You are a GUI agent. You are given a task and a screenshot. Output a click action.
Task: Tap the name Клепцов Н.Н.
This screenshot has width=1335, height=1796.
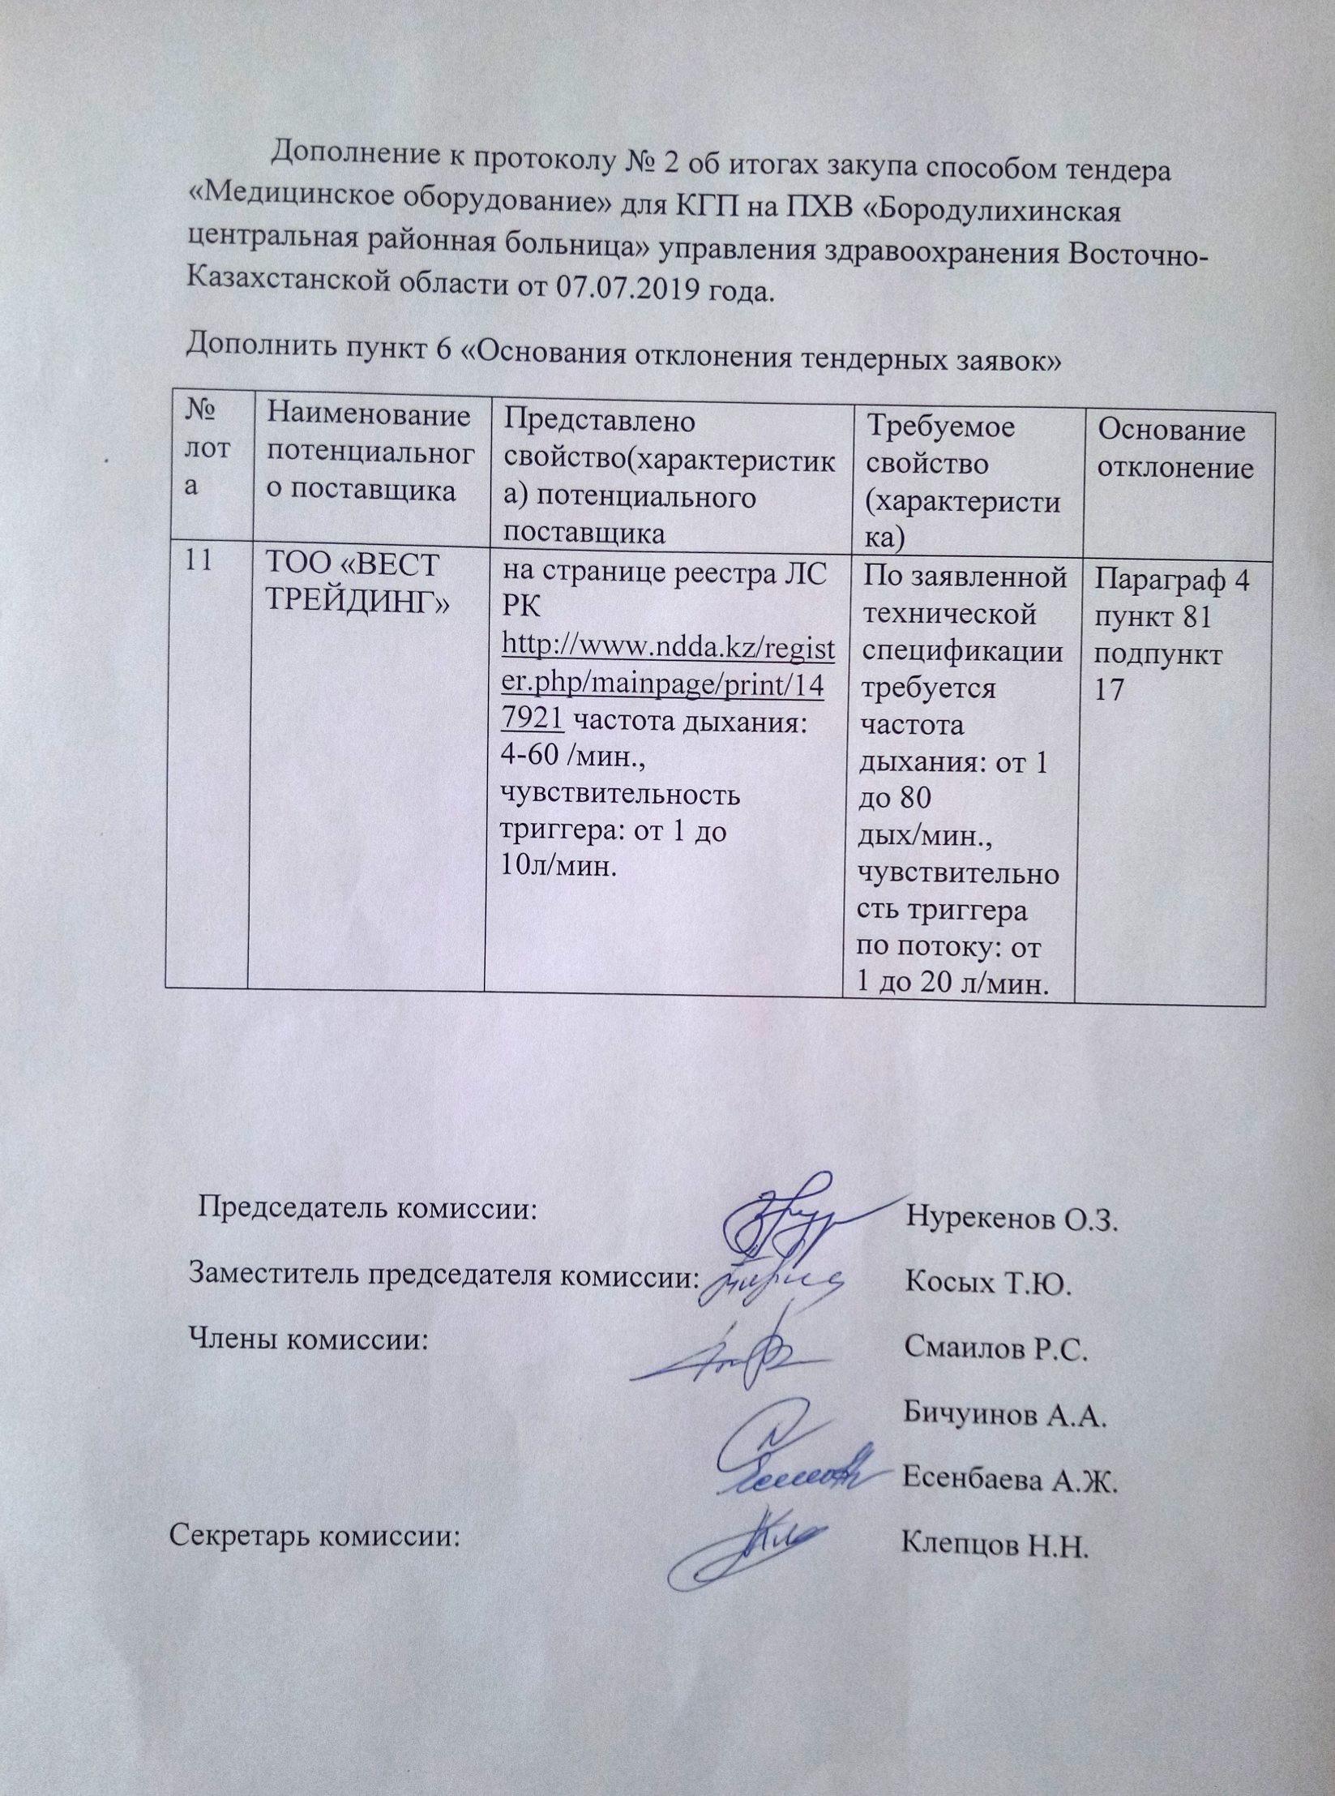point(994,1569)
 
